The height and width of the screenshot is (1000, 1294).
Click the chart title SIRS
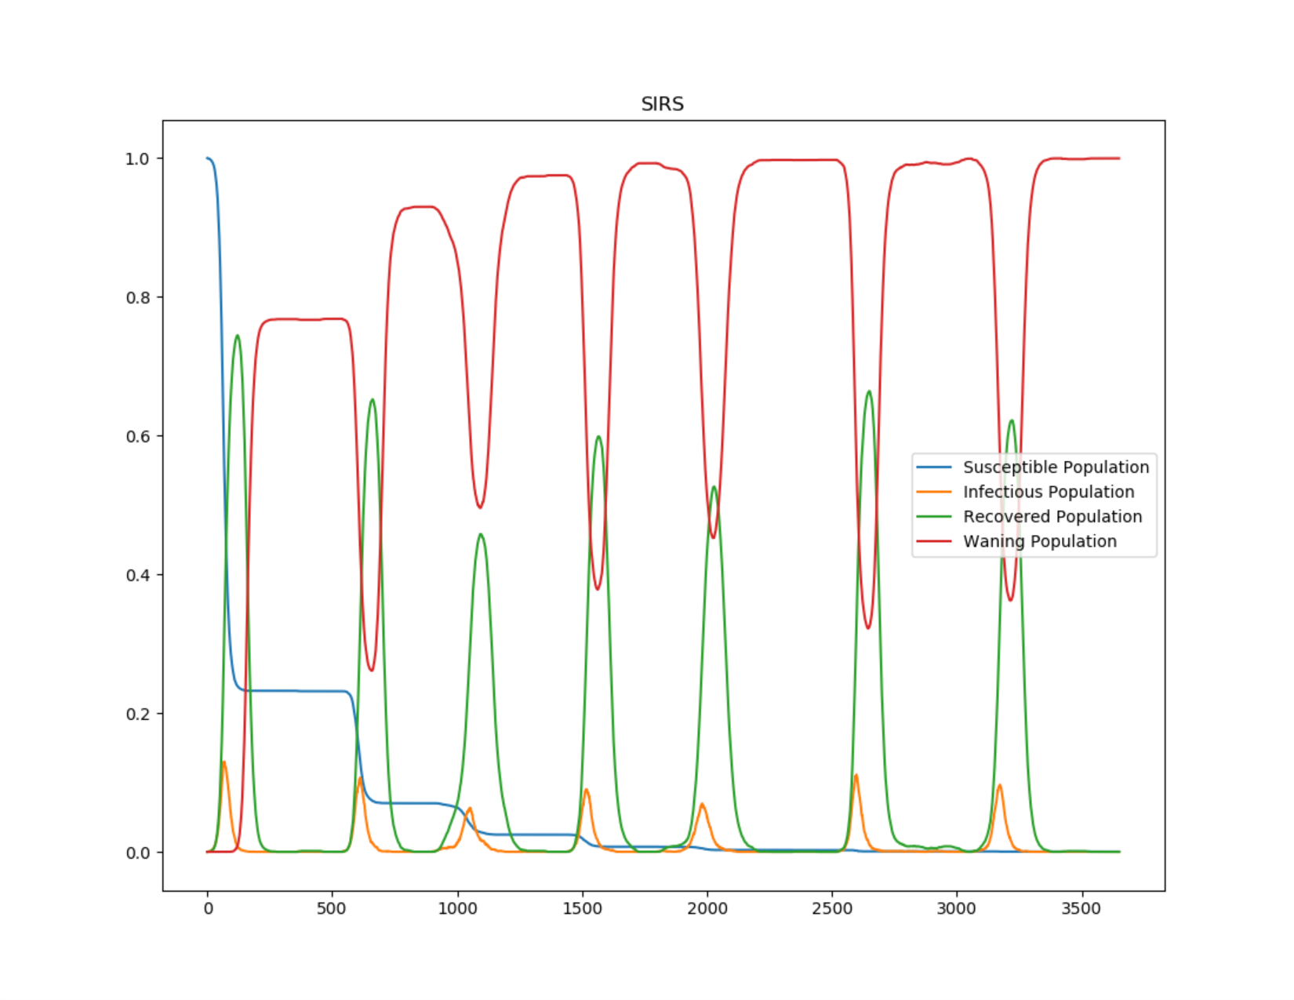coord(662,104)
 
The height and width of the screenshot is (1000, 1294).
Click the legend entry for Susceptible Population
coord(1056,467)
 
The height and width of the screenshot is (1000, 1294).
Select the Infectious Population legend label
coord(1049,492)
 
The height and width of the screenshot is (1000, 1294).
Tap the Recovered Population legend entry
coord(1052,517)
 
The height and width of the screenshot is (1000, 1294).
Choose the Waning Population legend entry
coord(1040,541)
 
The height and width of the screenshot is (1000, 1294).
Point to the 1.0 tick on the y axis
coord(137,159)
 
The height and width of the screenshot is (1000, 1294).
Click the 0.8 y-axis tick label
coord(137,298)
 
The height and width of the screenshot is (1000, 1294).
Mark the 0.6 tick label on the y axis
coord(137,437)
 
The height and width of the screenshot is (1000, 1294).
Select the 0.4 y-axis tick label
coord(137,576)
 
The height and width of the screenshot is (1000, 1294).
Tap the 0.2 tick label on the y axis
coord(137,715)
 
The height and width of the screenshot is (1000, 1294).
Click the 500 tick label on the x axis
coord(332,909)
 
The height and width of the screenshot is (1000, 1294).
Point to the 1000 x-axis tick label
coord(457,909)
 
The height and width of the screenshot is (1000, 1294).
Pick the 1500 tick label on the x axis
coord(582,909)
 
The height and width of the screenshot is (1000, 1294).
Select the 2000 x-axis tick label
coord(707,909)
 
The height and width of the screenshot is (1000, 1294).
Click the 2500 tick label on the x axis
coord(832,909)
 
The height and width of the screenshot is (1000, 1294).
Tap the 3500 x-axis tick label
coord(1081,909)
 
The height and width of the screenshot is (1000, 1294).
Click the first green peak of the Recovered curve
coord(238,336)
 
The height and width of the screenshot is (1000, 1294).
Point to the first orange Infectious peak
coord(224,762)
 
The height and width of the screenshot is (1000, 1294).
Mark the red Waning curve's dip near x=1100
coord(480,507)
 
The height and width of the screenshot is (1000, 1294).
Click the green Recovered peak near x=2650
coord(869,391)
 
